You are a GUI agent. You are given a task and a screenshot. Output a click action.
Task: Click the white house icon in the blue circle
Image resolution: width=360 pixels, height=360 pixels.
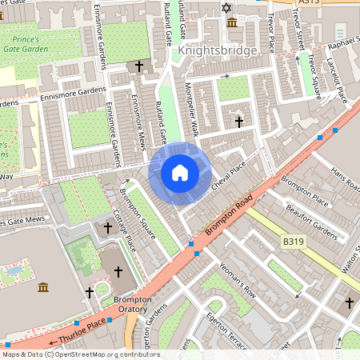(180, 172)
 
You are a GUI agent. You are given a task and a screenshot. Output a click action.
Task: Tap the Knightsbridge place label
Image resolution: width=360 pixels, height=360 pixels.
(218, 50)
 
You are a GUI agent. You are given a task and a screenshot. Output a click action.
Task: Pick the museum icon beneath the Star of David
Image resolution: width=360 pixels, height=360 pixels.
(231, 22)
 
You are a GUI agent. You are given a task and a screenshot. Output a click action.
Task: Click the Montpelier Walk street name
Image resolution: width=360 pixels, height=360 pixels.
(192, 109)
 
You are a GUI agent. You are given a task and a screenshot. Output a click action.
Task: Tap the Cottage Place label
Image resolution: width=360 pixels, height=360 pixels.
(125, 231)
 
